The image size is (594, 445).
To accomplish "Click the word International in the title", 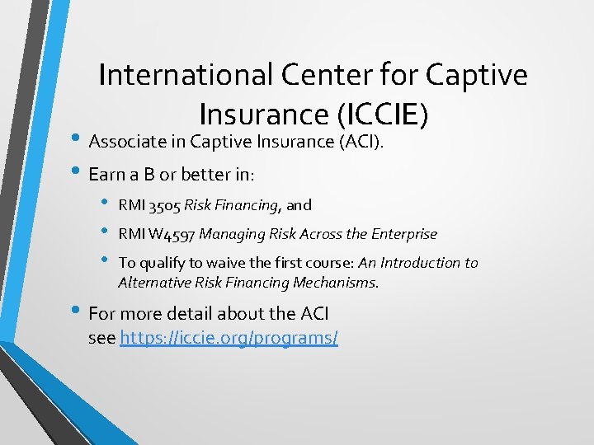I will point(186,75).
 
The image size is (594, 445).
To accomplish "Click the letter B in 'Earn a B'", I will point(159,176).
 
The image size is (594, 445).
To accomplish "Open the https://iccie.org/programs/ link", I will point(229,338).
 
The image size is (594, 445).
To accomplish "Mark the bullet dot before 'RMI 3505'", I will point(105,204).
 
